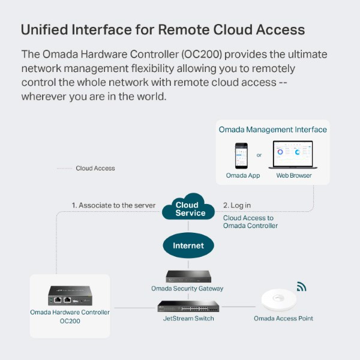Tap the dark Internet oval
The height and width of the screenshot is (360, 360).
point(188,245)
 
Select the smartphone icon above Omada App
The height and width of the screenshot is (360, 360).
point(242,155)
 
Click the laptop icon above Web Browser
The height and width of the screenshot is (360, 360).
point(293,155)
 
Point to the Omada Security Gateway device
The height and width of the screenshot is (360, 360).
point(187,276)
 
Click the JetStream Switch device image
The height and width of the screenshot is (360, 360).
point(187,306)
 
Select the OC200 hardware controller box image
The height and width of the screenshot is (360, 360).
point(70,296)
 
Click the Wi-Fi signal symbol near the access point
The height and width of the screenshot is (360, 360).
point(301,287)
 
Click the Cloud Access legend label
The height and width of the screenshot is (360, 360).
point(95,169)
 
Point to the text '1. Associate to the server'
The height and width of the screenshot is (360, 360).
point(113,205)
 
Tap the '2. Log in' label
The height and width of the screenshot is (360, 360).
point(237,205)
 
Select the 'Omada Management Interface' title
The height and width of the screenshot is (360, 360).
point(272,130)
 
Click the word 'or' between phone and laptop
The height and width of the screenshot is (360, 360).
point(259,155)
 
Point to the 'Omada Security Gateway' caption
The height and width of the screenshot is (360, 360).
point(187,289)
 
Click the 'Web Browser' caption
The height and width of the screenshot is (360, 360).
point(293,176)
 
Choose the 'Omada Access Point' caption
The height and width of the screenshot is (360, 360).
point(283,318)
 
